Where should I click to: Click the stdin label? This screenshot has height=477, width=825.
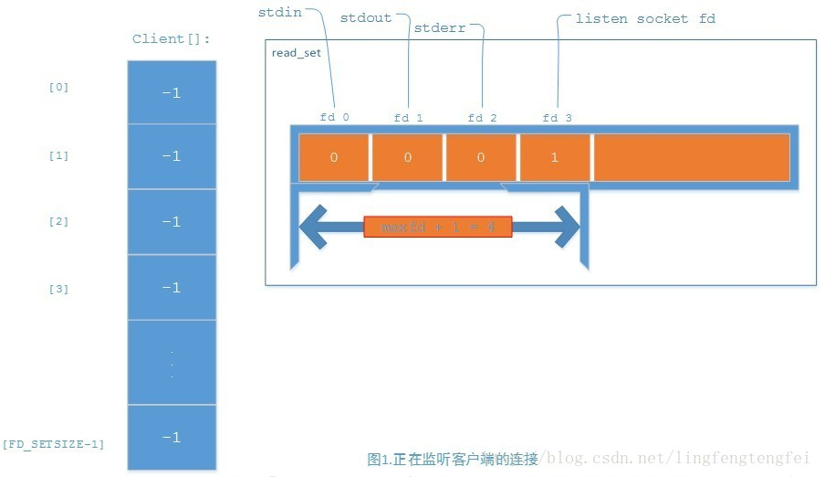click(x=279, y=13)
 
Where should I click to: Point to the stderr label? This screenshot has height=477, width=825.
click(x=439, y=28)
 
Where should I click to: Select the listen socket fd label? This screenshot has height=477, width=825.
click(x=645, y=18)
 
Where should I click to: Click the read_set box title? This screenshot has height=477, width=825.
click(x=296, y=53)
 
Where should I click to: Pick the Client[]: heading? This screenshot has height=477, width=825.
click(x=172, y=38)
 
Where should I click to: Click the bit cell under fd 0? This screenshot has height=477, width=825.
click(x=334, y=157)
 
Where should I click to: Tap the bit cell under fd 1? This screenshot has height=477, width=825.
click(x=408, y=157)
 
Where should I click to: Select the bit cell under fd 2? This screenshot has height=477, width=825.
click(x=482, y=157)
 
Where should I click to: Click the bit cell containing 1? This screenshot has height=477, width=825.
click(x=555, y=157)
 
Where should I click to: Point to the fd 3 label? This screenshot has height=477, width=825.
click(x=557, y=118)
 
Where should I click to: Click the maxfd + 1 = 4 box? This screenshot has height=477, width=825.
click(x=437, y=227)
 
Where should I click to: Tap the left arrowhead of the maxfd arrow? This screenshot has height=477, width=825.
click(x=314, y=227)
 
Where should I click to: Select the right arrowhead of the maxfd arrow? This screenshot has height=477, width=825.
click(x=567, y=227)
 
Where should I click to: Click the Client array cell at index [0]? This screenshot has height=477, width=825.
click(x=172, y=92)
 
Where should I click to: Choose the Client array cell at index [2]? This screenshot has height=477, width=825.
click(x=172, y=222)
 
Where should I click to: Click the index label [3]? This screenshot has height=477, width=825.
click(x=58, y=289)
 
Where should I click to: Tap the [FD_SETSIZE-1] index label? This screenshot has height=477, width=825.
click(x=53, y=444)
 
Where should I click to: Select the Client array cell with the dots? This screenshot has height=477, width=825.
click(x=172, y=363)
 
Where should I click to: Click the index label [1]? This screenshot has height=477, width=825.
click(x=58, y=155)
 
